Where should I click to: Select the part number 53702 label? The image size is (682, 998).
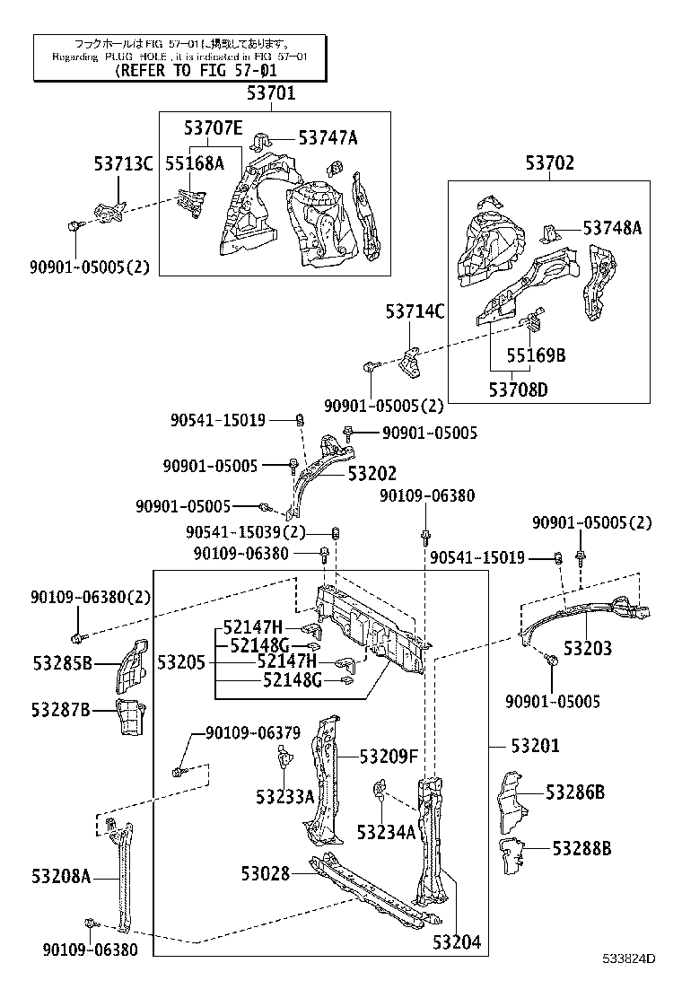coord(549,163)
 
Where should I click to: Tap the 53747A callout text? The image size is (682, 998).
coord(328,137)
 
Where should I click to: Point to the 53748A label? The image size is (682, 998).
coord(612,228)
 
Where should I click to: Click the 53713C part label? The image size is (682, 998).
coord(124,163)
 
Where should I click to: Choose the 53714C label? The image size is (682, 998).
coord(415,311)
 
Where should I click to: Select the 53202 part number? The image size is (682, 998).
coord(372,474)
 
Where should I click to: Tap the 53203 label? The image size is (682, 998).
coord(588,648)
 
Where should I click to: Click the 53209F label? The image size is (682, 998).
coord(389,756)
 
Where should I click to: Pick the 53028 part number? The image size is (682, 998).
coord(265,871)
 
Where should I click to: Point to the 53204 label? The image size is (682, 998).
coord(457,942)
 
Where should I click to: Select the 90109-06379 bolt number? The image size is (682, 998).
coord(252,733)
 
